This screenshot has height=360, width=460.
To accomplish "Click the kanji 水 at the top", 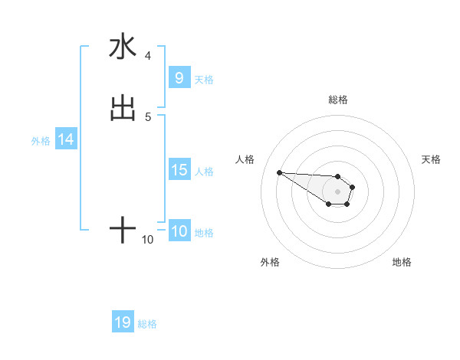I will tap(123, 47).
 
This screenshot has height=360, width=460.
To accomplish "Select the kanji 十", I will tap(123, 230).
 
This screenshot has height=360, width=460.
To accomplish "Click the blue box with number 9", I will tap(179, 78).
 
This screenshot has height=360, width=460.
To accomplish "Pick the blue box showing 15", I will tap(179, 171).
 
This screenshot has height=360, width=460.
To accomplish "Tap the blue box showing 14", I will tap(65, 140).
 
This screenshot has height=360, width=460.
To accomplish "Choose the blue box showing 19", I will tap(123, 322).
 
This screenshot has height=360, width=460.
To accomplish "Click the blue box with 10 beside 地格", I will tap(179, 232).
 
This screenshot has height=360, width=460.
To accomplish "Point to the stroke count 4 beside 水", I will tap(147, 55).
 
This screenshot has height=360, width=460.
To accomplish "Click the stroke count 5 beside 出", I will tap(147, 116).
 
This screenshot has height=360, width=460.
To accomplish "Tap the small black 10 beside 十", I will tap(148, 240).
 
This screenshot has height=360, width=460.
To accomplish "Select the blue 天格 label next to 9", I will tap(204, 80).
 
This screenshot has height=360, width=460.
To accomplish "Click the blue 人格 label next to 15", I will tap(205, 172).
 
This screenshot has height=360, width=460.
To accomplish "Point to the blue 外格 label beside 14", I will tap(41, 141).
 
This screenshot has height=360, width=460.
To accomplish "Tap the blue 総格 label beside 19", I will tap(147, 324).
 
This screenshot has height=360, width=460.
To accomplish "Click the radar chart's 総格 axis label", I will tap(337, 100).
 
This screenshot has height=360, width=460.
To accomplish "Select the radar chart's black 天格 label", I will tap(431, 159).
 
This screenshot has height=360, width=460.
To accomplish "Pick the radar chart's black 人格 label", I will tap(245, 159).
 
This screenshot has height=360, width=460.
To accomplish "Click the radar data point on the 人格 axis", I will tap(279, 172).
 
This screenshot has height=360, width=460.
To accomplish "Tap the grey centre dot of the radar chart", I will tap(337, 191).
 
